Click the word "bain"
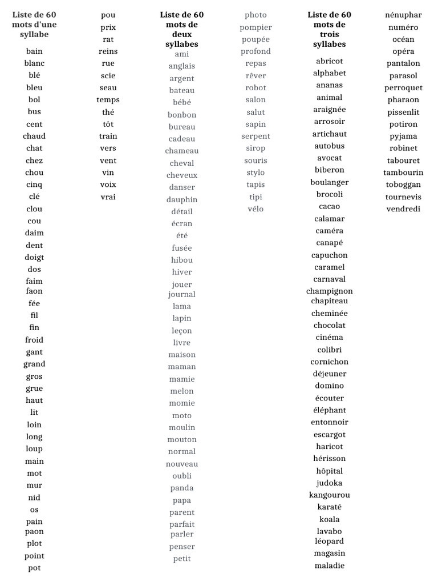click(34, 51)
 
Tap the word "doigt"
click(34, 257)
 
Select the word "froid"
click(34, 340)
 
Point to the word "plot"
click(34, 543)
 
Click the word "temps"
click(108, 100)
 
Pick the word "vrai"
click(108, 197)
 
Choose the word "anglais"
click(182, 66)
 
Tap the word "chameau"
click(182, 151)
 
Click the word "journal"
click(182, 294)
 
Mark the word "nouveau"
click(182, 464)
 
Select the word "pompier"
click(255, 27)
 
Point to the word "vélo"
click(255, 209)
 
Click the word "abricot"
click(330, 61)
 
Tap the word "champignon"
click(330, 291)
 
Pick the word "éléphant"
click(330, 410)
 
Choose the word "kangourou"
click(330, 495)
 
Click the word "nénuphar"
click(403, 15)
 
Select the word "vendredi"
click(403, 209)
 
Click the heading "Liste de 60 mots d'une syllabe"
click(34, 25)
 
